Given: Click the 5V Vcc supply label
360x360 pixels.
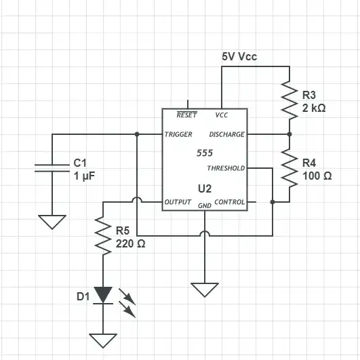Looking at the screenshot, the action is pyautogui.click(x=239, y=56).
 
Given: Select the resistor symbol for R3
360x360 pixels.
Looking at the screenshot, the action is pyautogui.click(x=289, y=100).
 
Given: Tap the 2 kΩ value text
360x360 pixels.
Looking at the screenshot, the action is pyautogui.click(x=314, y=108).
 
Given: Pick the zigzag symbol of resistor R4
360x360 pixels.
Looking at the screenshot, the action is pyautogui.click(x=289, y=168).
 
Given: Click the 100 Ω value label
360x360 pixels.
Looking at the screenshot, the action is pyautogui.click(x=317, y=176).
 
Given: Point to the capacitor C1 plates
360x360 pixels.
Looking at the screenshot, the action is pyautogui.click(x=52, y=168).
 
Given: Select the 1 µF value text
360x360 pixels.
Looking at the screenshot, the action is pyautogui.click(x=84, y=176).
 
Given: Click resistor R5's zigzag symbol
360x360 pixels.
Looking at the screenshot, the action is pyautogui.click(x=103, y=236).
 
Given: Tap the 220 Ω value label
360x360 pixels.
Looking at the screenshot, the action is pyautogui.click(x=130, y=244).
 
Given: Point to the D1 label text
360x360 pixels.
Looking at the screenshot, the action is pyautogui.click(x=83, y=297).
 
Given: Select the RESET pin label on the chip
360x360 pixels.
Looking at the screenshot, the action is pyautogui.click(x=187, y=115).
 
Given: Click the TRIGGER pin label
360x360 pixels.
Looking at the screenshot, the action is pyautogui.click(x=178, y=134).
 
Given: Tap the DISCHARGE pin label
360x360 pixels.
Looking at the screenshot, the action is pyautogui.click(x=227, y=134).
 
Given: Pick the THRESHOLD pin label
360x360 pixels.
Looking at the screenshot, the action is pyautogui.click(x=226, y=168).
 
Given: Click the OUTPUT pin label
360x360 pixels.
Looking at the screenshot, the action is pyautogui.click(x=178, y=202).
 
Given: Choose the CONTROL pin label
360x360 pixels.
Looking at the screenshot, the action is pyautogui.click(x=230, y=202).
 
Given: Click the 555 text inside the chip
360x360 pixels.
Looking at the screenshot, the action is pyautogui.click(x=205, y=153).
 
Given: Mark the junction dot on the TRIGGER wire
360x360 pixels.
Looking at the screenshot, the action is pyautogui.click(x=137, y=134).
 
